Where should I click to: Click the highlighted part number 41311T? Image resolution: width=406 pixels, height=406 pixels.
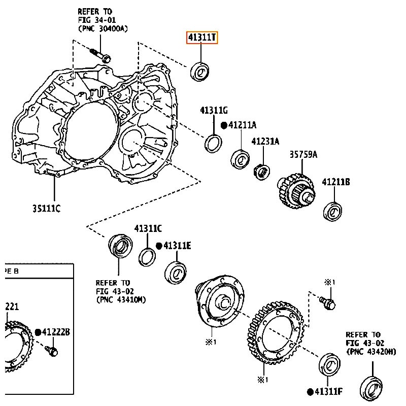(202, 38)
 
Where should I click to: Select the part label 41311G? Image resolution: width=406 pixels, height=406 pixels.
(214, 110)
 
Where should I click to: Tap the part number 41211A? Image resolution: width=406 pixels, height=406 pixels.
(243, 125)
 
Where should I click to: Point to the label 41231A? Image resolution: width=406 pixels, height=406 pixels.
(265, 142)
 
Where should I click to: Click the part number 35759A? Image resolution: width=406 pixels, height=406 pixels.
(303, 155)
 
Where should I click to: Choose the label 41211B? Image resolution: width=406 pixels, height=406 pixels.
(336, 182)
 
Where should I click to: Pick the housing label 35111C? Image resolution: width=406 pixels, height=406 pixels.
(47, 208)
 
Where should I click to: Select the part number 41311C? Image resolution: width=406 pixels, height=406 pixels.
(148, 229)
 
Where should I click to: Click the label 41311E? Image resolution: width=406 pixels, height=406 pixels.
(177, 246)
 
